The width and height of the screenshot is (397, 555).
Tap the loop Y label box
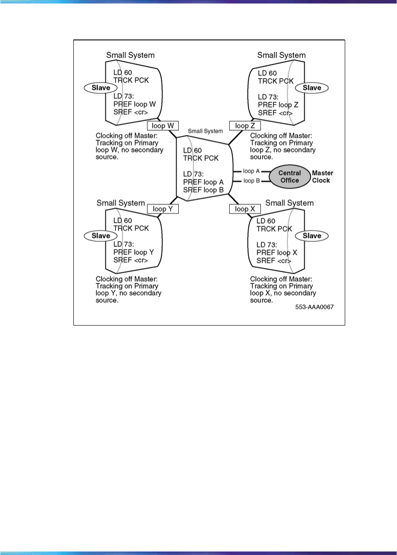coord(162,209)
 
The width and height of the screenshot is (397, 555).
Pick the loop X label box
coord(242,209)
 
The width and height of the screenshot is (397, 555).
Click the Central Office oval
coord(289,176)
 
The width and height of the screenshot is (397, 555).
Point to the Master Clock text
coord(323,176)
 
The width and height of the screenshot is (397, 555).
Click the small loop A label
coord(252,171)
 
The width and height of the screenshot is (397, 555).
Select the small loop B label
coord(252,181)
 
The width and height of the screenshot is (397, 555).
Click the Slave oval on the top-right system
coord(312,88)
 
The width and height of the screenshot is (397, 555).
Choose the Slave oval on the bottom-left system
coord(101,236)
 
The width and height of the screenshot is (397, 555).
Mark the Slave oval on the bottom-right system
coord(312,236)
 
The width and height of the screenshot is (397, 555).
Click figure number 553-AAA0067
coord(314,308)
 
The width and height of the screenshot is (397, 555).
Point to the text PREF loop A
coord(203,182)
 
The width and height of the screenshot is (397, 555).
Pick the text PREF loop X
coord(277,253)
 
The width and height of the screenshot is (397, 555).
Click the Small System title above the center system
coord(206,131)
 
